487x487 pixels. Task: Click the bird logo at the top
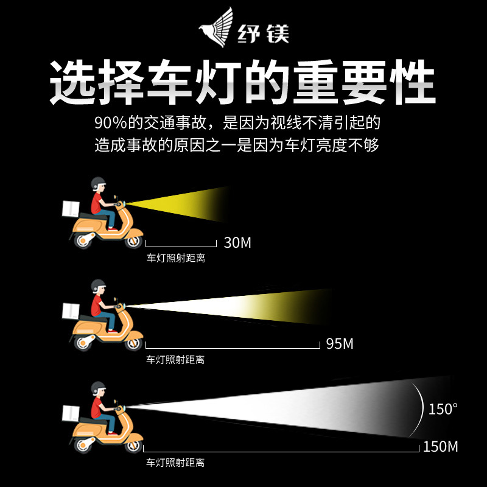pos(217,27)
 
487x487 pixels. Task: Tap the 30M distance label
pos(237,242)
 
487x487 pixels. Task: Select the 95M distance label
pos(340,344)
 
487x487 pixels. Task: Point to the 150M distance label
pos(440,447)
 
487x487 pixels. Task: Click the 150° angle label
pos(443,409)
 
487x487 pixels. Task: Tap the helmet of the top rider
pos(98,183)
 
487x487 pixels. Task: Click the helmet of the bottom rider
pos(98,388)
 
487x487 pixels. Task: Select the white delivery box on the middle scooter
pos(71,311)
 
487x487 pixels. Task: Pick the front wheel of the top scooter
pos(133,240)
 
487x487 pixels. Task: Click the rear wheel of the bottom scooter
pos(83,445)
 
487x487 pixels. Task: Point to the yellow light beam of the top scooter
pos(177,205)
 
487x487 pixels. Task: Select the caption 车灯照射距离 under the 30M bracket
pos(175,258)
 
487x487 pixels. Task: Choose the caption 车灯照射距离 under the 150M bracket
pos(175,463)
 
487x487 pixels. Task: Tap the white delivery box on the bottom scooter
pos(71,413)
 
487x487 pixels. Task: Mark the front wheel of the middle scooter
pos(133,343)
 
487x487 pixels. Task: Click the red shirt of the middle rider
pos(96,305)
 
